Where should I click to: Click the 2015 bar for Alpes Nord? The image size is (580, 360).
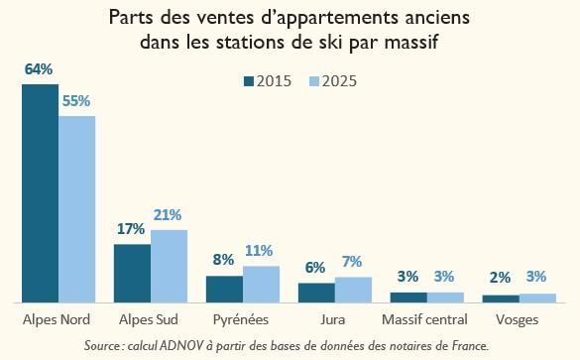coord(40,193)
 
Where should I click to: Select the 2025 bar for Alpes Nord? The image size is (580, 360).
coord(76,208)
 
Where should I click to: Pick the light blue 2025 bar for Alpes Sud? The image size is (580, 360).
coord(169,266)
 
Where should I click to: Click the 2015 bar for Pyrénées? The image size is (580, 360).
coord(224,289)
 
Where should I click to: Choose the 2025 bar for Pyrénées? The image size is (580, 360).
coord(261,284)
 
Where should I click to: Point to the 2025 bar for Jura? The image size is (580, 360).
coord(353,290)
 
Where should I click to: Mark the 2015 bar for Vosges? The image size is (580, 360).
coord(501,299)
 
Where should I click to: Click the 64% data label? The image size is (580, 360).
coord(39,69)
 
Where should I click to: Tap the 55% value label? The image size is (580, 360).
coord(76,101)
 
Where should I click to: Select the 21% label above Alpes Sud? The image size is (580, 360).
coord(168,215)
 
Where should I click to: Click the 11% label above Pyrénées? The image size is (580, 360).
coord(260,251)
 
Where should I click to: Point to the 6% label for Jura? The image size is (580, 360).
coord(315,268)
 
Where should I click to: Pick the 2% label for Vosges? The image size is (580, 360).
coord(501,279)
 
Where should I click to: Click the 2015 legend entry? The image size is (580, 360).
coord(268,81)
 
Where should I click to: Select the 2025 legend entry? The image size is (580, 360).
coord(331,81)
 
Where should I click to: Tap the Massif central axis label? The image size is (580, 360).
coord(424,320)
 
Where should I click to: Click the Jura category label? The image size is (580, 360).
coord(333,320)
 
